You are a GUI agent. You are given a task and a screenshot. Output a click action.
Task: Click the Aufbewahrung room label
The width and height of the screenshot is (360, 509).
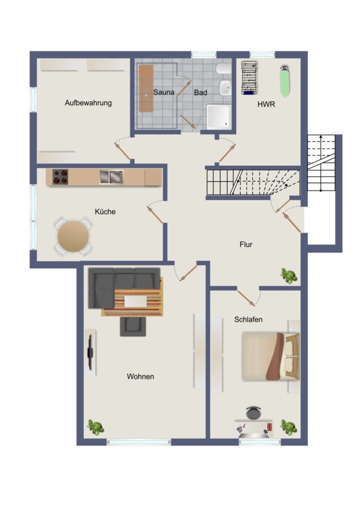point(88,103)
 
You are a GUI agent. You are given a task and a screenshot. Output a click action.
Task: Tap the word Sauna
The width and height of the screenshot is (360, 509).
point(164,92)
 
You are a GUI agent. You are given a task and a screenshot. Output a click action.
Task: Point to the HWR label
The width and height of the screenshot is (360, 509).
point(266,104)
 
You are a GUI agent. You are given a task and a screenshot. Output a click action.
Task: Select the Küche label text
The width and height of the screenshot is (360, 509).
point(105,212)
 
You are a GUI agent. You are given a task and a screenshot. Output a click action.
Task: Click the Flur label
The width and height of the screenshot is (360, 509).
point(246,244)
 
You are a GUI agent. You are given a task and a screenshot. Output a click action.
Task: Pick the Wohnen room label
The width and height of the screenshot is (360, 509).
point(140,377)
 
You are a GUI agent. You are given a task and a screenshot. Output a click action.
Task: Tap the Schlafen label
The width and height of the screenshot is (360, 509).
point(248,320)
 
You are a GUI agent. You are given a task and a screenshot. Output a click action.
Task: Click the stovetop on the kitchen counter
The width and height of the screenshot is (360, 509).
point(60,177)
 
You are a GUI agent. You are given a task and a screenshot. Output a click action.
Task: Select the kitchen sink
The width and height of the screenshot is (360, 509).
point(111,177)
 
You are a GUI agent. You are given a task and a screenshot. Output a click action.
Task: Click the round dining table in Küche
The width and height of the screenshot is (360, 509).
point(73,236)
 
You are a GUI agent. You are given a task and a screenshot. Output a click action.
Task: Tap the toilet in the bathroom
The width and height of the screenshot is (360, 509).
point(224,68)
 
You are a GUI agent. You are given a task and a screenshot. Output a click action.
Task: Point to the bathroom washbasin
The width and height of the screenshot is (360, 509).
point(225,88)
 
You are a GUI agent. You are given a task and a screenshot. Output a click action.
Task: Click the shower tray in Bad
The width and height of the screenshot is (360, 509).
point(219,117)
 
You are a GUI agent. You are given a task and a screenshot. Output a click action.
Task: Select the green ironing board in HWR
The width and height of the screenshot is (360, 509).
point(285,81)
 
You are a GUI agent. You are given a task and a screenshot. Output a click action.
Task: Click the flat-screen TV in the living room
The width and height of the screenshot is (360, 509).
point(91,352)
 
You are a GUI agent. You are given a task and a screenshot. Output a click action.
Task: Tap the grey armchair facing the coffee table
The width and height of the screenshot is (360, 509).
point(133,326)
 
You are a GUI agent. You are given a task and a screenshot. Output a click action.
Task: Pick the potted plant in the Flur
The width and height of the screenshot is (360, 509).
point(289,275)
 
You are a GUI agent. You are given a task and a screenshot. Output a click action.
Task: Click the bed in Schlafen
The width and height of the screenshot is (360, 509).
point(271,356)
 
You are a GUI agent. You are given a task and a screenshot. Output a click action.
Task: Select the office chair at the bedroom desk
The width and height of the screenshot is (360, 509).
point(254,413)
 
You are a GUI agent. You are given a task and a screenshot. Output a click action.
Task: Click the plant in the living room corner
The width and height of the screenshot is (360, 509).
point(96,427)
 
